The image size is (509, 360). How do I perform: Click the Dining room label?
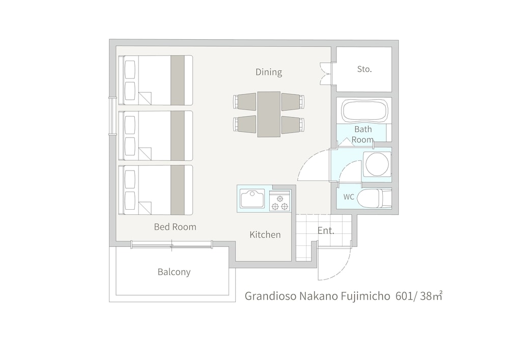point(269,72)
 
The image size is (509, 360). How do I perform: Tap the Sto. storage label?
point(364,69)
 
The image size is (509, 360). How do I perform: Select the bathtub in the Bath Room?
point(364,110)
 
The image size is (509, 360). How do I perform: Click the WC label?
point(349,197)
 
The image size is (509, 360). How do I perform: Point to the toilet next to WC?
point(373,198)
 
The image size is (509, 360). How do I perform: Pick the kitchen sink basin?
point(252,198)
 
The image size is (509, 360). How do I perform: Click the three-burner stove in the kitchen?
point(279,202)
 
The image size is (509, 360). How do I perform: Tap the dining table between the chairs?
point(269,114)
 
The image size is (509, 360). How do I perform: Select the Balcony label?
point(174,272)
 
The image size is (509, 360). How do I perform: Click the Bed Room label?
point(175,227)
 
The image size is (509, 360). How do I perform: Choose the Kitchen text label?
point(265,235)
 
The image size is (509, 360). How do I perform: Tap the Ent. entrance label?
point(326,230)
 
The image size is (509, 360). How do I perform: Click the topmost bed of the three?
point(155,80)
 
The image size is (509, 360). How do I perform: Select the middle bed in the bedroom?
point(155,135)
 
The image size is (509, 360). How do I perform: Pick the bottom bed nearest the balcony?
point(155,190)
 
